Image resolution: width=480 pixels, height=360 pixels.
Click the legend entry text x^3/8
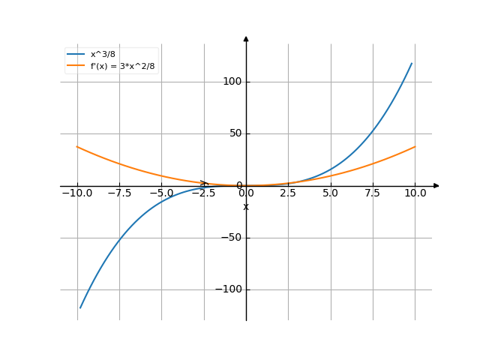[103, 55]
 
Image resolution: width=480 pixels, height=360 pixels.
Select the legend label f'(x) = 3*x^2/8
[122, 67]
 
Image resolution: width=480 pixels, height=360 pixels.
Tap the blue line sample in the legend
[76, 55]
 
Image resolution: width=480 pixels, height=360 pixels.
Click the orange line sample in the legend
[76, 67]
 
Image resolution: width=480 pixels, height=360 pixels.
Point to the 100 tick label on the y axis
[232, 82]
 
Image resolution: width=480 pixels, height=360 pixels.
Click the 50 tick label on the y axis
[235, 133]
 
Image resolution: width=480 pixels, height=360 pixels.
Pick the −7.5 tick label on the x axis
[119, 193]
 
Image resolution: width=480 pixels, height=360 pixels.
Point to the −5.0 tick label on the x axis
[161, 193]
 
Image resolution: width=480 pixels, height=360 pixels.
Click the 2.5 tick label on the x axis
[289, 193]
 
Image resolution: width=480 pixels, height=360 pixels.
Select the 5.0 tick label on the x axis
[331, 193]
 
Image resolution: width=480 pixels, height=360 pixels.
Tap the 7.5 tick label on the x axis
[373, 193]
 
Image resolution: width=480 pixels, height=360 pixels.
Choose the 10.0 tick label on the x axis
[415, 193]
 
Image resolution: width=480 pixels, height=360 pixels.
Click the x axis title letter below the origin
[246, 206]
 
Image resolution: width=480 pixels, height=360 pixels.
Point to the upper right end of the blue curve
[412, 63]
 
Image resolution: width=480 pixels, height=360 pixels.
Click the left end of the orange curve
[77, 147]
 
